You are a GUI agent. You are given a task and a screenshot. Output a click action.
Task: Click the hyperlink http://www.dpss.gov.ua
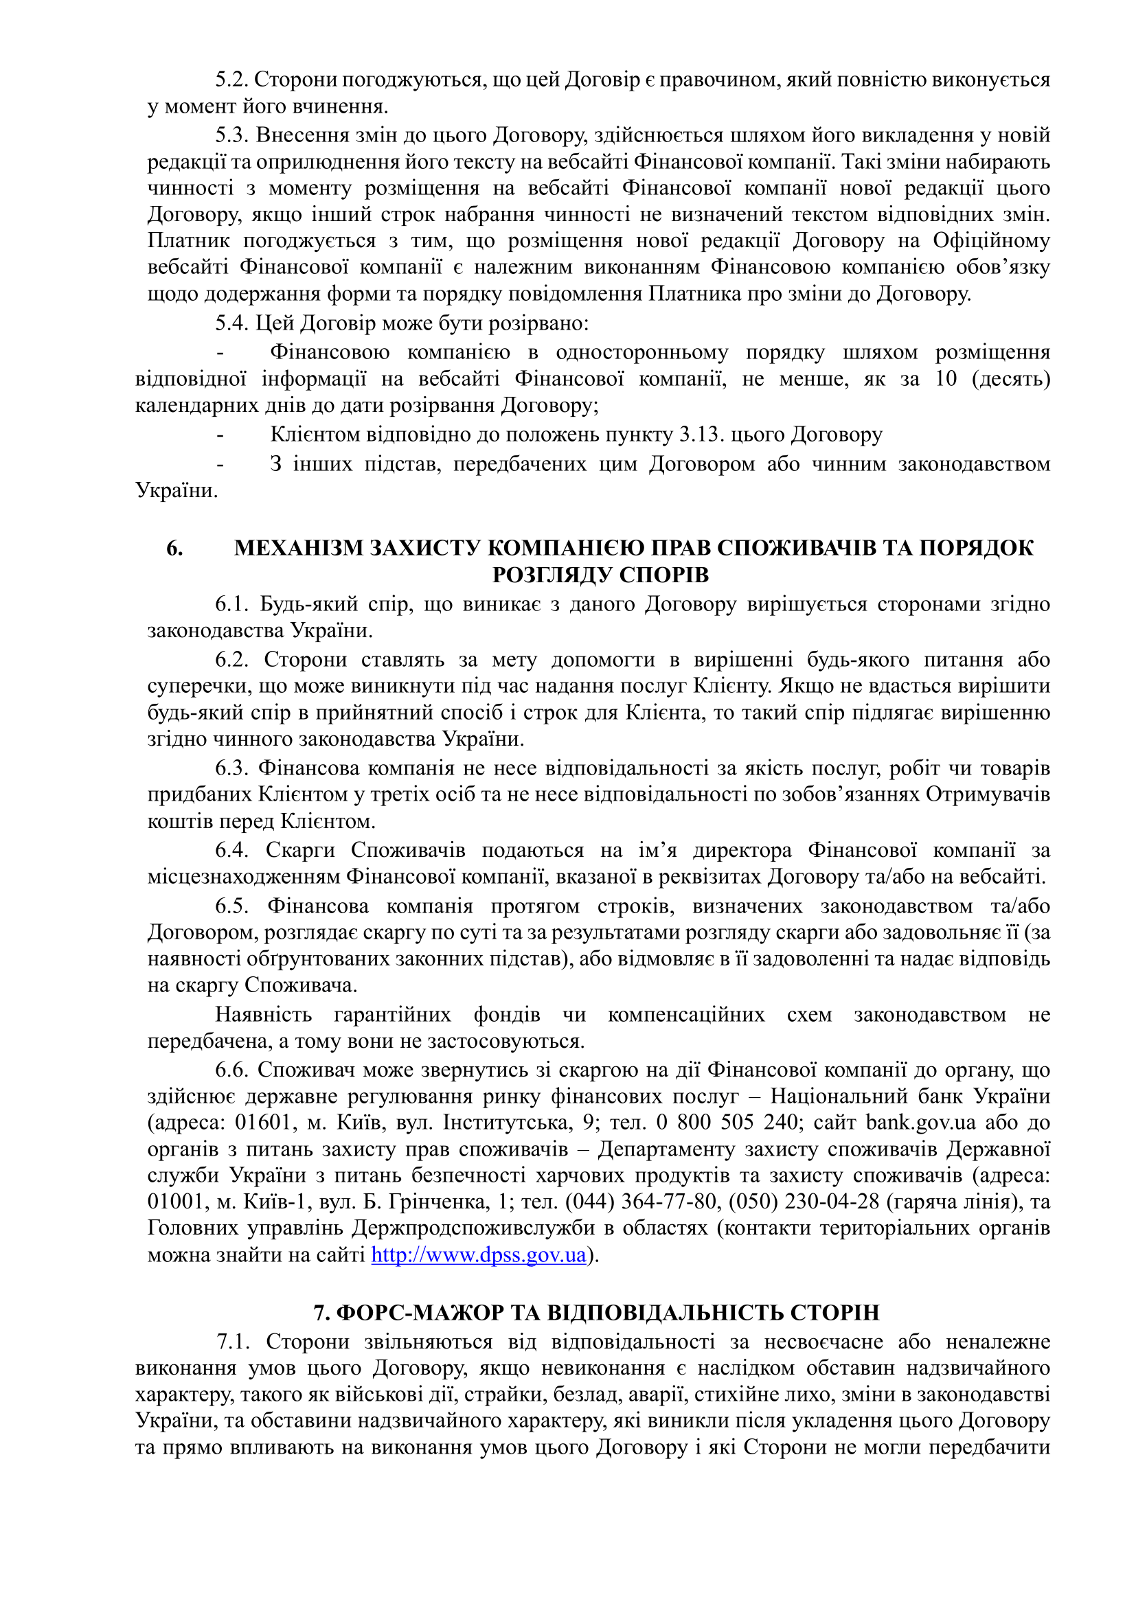point(478,1255)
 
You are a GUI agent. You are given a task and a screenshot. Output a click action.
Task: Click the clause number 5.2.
point(231,80)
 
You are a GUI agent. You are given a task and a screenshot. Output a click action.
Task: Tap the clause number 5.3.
point(231,135)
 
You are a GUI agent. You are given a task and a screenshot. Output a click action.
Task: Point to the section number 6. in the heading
point(175,548)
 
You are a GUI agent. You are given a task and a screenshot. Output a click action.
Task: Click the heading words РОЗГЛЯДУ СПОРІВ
point(600,575)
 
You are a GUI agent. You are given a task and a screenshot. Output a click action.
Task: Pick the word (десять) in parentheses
point(1011,378)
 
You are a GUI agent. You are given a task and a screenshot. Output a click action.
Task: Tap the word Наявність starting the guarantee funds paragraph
point(263,1014)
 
